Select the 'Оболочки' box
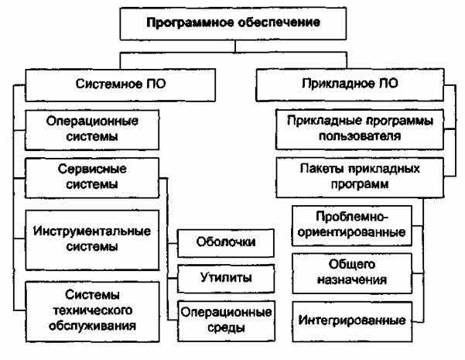227,242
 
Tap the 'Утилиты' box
227,277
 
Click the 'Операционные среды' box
227,320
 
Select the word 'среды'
227,327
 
